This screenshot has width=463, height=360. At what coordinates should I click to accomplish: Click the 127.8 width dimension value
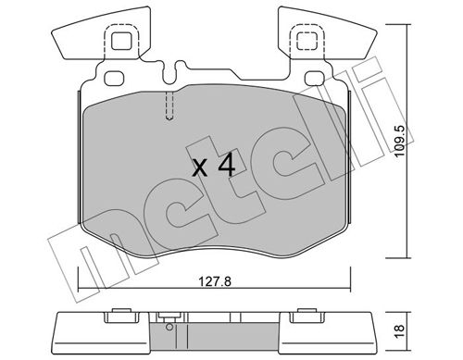[215, 282]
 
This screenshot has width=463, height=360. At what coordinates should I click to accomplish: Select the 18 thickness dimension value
[399, 331]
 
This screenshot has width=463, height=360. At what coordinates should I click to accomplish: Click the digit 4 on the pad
[227, 167]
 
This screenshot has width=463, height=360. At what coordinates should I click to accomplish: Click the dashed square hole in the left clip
[121, 42]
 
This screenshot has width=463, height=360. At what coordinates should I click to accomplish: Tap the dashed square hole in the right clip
[307, 42]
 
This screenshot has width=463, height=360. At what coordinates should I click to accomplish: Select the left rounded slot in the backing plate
[114, 79]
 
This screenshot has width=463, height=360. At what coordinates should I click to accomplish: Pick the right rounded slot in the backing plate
[315, 79]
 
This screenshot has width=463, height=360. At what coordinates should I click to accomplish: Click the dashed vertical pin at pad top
[169, 106]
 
